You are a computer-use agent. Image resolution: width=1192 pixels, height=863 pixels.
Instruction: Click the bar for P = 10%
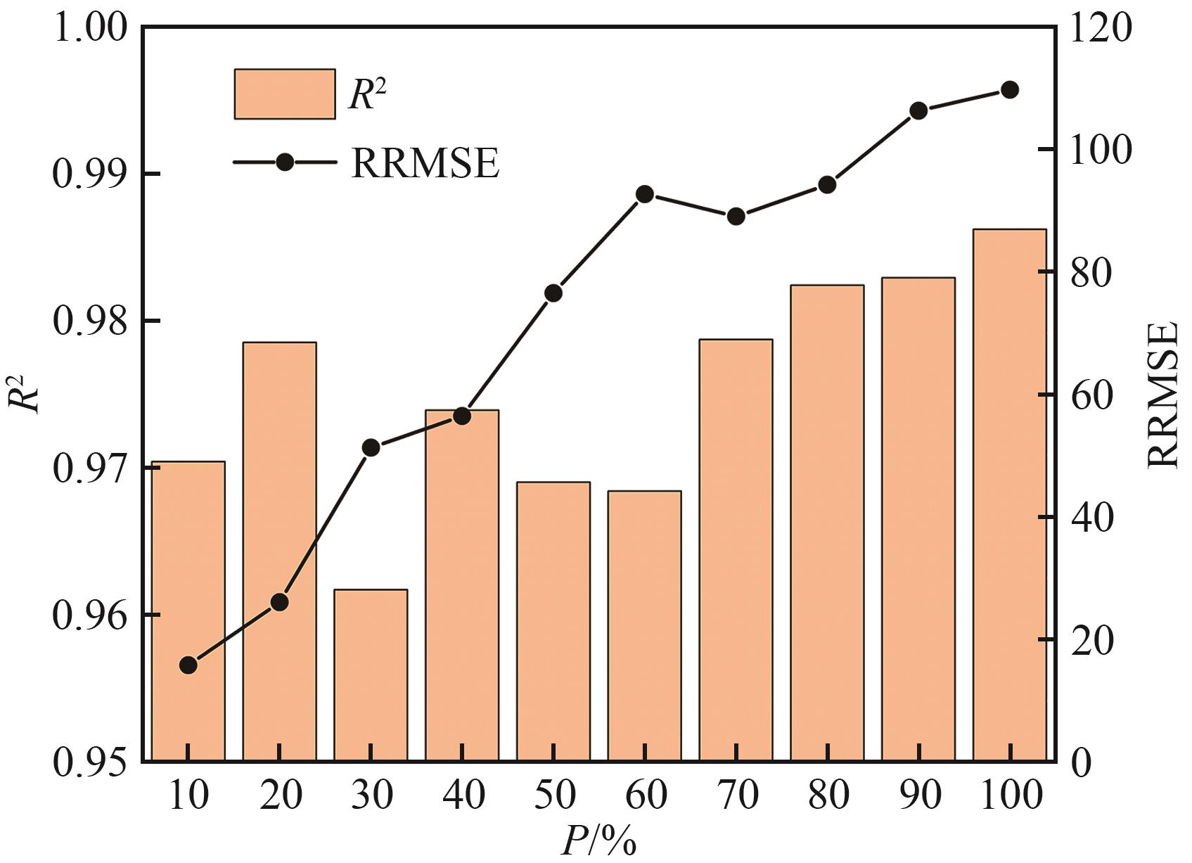[x=188, y=611]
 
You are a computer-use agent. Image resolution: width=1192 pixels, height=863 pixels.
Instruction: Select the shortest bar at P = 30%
[x=371, y=675]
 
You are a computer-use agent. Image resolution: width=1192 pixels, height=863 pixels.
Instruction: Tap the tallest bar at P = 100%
[x=1010, y=495]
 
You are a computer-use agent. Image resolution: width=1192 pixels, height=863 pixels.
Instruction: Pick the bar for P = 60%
[x=645, y=626]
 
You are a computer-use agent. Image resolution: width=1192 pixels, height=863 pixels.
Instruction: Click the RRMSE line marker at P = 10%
[x=188, y=665]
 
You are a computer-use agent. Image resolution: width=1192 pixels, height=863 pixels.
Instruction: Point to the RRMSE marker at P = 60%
[x=645, y=195]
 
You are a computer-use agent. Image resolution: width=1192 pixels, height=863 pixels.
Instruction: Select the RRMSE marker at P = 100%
[x=1010, y=90]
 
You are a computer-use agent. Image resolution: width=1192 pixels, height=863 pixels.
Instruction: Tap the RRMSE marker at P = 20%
[x=279, y=602]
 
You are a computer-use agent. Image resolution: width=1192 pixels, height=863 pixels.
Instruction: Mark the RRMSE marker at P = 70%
[x=736, y=217]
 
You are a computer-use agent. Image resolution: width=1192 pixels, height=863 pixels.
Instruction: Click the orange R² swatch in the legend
[x=285, y=94]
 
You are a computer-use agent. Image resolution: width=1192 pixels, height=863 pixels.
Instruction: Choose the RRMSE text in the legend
[x=425, y=162]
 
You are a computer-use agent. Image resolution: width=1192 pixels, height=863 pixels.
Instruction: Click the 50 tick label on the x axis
[x=553, y=795]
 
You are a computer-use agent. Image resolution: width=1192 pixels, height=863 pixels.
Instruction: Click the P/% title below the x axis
[x=598, y=842]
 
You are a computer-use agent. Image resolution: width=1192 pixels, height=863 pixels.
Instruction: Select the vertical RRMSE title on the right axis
[x=1162, y=395]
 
